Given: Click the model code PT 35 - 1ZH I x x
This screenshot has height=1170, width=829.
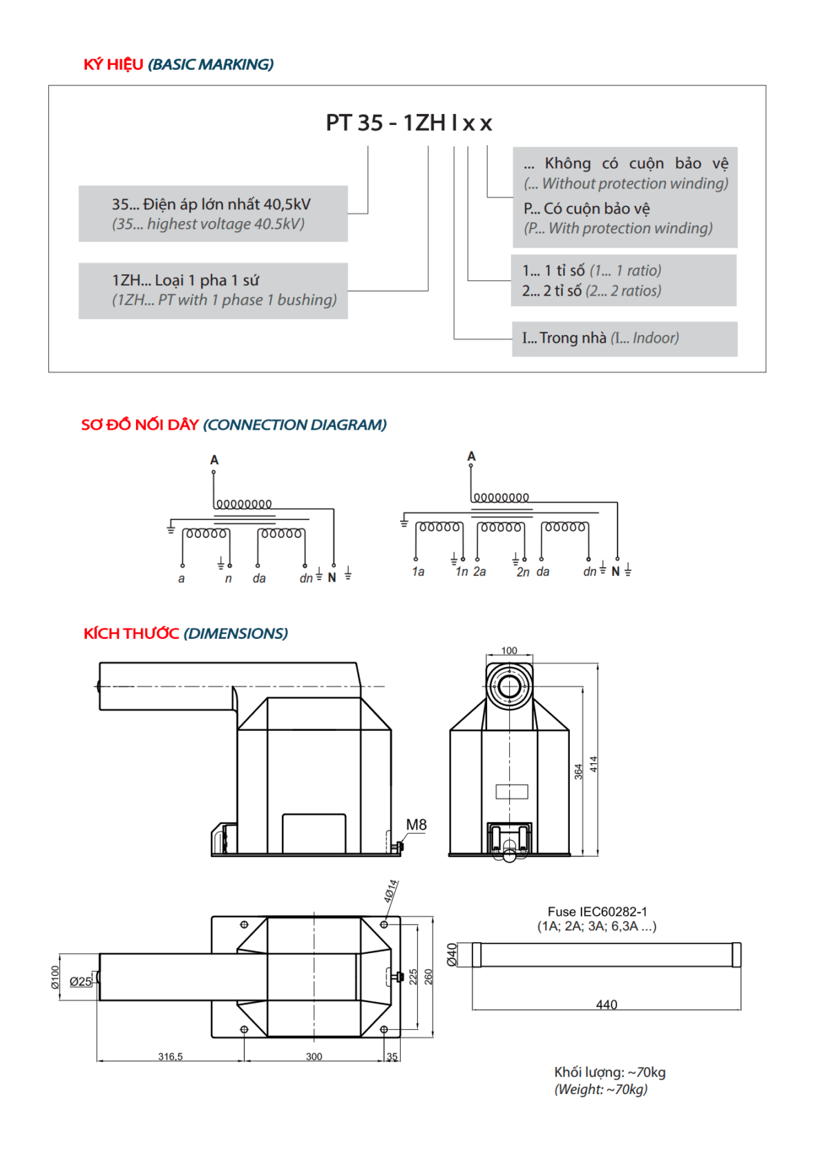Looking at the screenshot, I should [x=408, y=123].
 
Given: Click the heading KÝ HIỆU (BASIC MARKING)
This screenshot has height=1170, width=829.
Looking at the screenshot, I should [x=178, y=64].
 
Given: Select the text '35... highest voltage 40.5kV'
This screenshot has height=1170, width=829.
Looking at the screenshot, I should [x=208, y=224].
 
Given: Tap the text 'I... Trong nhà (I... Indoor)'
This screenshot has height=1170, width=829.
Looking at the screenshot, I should [x=600, y=338].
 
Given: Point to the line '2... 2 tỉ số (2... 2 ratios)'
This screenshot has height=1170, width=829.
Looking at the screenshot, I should [x=591, y=291].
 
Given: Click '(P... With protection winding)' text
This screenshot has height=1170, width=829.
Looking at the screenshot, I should [x=618, y=229].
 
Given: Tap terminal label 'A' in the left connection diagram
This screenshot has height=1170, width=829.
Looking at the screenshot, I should [x=214, y=460].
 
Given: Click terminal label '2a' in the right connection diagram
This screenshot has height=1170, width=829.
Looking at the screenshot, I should [x=479, y=572].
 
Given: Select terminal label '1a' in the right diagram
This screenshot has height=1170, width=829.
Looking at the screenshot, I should [x=418, y=572].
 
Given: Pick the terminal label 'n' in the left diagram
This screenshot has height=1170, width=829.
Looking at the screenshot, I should [x=229, y=579].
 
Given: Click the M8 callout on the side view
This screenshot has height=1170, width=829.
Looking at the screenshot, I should [x=416, y=825].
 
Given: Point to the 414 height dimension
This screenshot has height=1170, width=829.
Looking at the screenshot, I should [x=593, y=764].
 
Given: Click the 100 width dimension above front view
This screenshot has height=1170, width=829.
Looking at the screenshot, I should [x=509, y=651].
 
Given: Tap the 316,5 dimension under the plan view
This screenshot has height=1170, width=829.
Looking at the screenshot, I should [x=171, y=1057].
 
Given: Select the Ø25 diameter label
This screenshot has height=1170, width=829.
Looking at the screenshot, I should [x=80, y=981].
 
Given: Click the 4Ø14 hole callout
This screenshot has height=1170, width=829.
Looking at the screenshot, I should [x=390, y=892].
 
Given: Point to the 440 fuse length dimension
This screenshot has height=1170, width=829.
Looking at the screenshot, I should [x=607, y=1004].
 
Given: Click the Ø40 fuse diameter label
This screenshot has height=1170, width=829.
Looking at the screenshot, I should [x=452, y=954].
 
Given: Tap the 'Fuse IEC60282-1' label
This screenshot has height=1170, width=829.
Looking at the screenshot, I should [x=597, y=912].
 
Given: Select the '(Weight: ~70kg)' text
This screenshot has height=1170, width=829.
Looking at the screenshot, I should [x=600, y=1090].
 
